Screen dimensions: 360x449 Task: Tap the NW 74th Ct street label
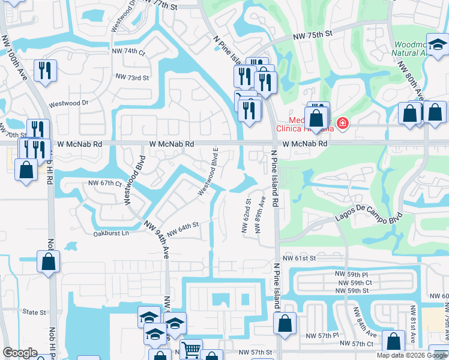pyautogui.click(x=128, y=52)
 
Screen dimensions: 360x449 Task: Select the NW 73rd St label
pyautogui.click(x=132, y=77)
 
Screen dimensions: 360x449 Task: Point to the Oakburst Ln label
pyautogui.click(x=110, y=233)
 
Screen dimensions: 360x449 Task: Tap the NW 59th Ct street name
pyautogui.click(x=355, y=283)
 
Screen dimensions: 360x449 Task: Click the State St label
pyautogui.click(x=34, y=313)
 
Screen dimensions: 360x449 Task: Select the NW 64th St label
pyautogui.click(x=182, y=229)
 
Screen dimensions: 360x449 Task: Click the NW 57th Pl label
pyautogui.click(x=322, y=337)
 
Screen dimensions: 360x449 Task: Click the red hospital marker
pyautogui.click(x=342, y=124)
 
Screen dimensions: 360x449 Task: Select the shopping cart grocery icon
pyautogui.click(x=191, y=348)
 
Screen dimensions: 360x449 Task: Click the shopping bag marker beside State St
pyautogui.click(x=48, y=262)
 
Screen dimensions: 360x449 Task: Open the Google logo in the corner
pyautogui.click(x=20, y=353)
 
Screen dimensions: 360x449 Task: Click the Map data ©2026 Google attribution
pyautogui.click(x=411, y=355)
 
